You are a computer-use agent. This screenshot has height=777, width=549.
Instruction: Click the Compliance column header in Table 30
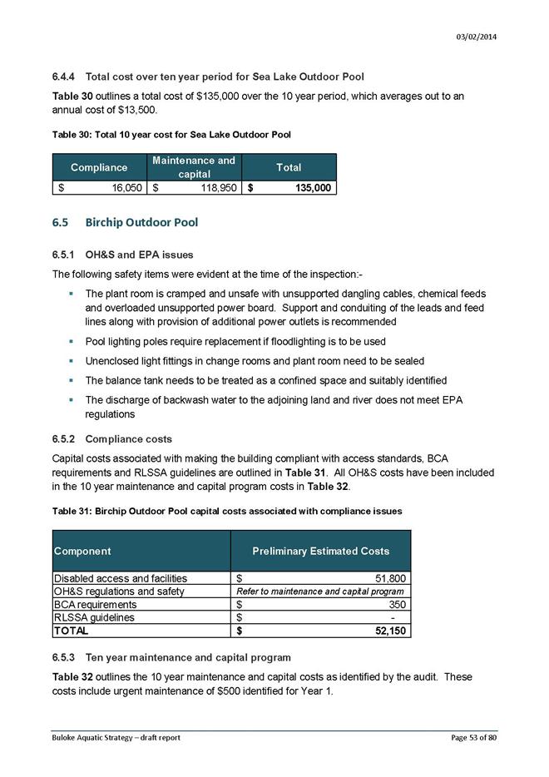(99, 167)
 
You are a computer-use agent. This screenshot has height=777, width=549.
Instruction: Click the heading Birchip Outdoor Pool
(141, 223)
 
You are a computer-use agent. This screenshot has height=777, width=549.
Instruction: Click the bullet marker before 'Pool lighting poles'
(72, 341)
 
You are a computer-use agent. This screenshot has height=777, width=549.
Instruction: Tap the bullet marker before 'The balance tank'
(72, 381)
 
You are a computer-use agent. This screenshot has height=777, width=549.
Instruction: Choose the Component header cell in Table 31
(82, 551)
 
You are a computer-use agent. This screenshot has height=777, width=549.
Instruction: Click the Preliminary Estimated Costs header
(320, 551)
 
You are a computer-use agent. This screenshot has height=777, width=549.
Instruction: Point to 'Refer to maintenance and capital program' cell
(320, 591)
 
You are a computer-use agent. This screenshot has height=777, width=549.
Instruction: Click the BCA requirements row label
(95, 605)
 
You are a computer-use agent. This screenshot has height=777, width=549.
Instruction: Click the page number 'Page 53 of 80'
(470, 738)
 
